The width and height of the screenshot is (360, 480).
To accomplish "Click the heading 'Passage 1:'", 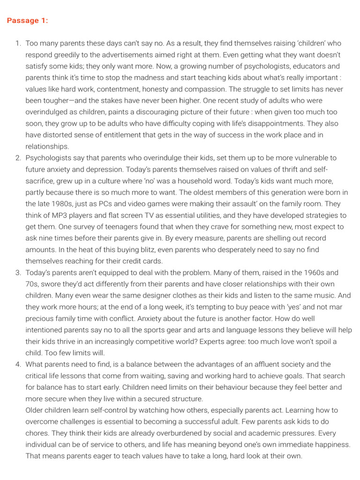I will (x=27, y=21).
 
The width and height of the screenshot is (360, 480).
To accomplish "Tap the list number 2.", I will (x=18, y=158).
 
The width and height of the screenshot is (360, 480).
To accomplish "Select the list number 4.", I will (x=18, y=364).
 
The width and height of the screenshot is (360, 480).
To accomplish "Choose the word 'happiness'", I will (x=331, y=444).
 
